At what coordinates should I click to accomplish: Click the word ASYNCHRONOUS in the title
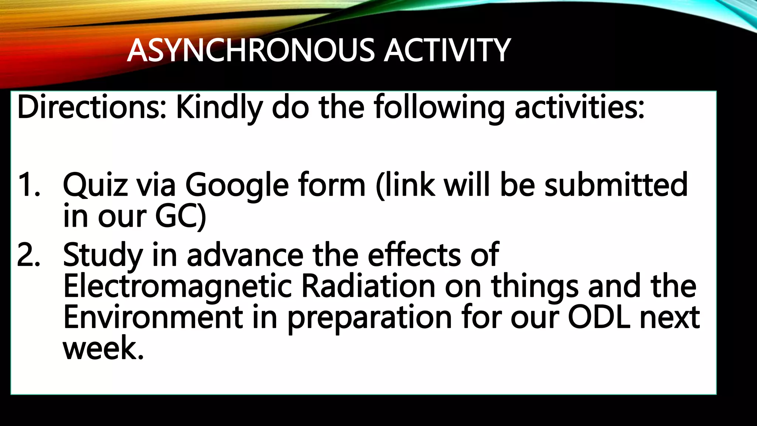[251, 50]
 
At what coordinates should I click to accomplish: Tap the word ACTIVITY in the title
[447, 50]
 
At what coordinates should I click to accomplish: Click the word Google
[237, 185]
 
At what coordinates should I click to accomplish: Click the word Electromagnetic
[178, 287]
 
